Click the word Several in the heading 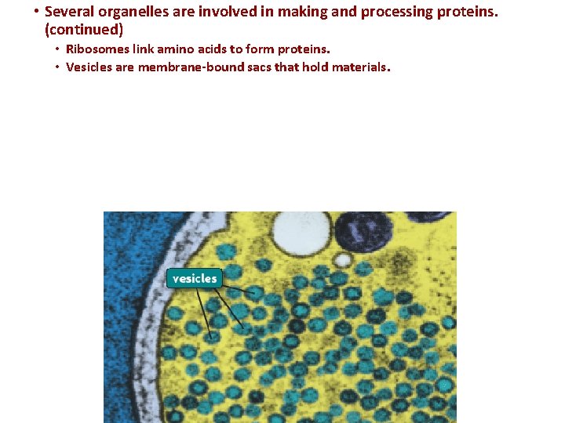[x=70, y=12]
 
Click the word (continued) [x=84, y=30]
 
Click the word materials [x=357, y=67]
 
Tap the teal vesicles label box [x=195, y=278]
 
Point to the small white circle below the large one [x=342, y=258]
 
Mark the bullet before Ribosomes [x=58, y=49]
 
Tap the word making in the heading [x=300, y=12]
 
